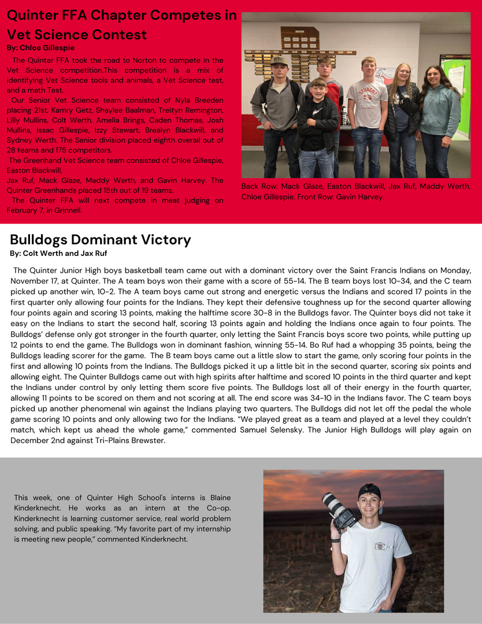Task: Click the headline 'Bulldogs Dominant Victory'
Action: pyautogui.click(x=101, y=240)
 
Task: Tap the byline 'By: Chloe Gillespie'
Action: pyautogui.click(x=40, y=47)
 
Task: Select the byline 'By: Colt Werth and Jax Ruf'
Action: pyautogui.click(x=58, y=253)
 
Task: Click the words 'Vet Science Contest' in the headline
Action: pyautogui.click(x=77, y=35)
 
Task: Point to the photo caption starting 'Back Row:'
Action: pyautogui.click(x=357, y=191)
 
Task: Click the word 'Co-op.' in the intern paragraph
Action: pyautogui.click(x=218, y=508)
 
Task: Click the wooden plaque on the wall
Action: pyautogui.click(x=299, y=38)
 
